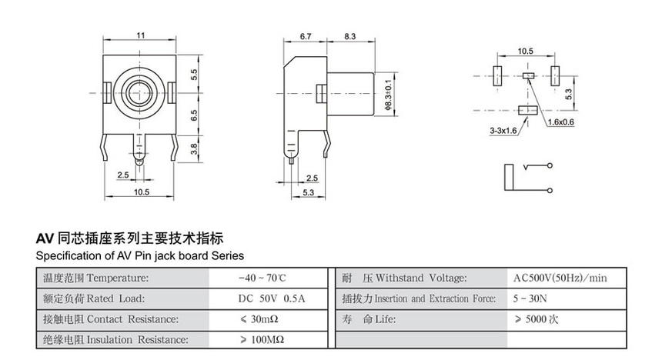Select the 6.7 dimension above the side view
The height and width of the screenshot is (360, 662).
pyautogui.click(x=305, y=36)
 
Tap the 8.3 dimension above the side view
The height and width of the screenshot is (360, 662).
pyautogui.click(x=349, y=36)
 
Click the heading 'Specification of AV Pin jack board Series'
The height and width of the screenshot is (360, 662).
pyautogui.click(x=140, y=255)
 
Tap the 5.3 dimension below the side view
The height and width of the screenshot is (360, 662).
pyautogui.click(x=307, y=192)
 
